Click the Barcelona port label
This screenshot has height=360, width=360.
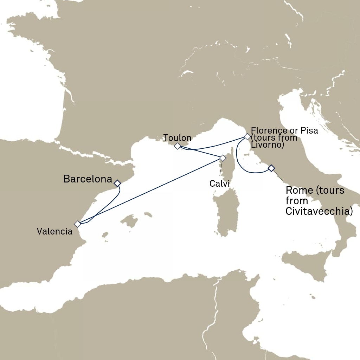coord(88,179)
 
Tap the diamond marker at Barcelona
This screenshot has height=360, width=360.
coord(117,183)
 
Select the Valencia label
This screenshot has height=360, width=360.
coord(54,231)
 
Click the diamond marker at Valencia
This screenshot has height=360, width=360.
coord(78,224)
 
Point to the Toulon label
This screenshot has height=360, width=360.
coord(177,138)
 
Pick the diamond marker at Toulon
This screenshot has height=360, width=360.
coord(177,146)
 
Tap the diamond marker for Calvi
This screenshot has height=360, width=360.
coord(223,158)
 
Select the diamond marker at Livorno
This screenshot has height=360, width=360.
coord(247,136)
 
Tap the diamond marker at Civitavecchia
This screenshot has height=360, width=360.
coord(271,168)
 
